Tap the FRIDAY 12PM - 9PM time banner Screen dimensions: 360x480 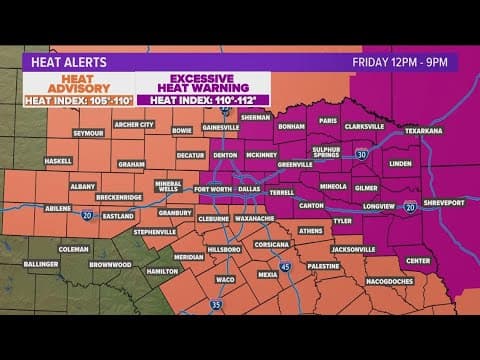coord(403,61)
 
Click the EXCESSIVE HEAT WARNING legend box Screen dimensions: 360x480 coord(204,88)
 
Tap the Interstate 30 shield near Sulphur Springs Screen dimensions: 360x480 coord(360,154)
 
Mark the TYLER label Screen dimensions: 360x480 coord(342,220)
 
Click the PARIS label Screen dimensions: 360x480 coord(328,121)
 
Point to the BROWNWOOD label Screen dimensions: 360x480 coord(111,264)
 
